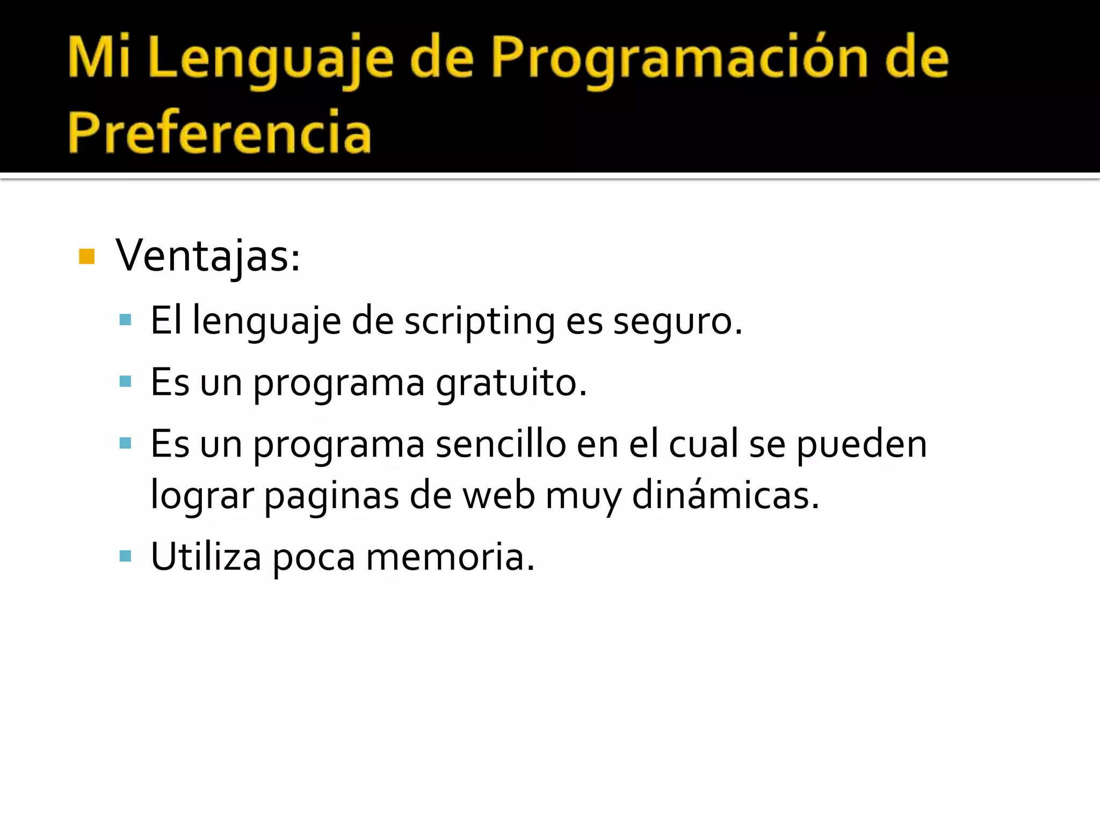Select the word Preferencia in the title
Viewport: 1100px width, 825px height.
click(220, 132)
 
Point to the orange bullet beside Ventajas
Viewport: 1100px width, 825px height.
click(86, 257)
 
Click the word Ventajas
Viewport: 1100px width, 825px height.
click(207, 257)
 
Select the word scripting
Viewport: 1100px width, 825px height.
click(480, 321)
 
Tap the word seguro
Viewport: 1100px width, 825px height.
click(678, 321)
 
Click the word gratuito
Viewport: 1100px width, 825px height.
click(511, 383)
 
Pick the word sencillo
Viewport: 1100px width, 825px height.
click(501, 444)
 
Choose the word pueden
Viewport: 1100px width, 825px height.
click(862, 444)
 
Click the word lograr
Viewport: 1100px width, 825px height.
click(202, 495)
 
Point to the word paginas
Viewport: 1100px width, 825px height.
click(331, 495)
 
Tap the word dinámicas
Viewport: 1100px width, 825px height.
click(725, 495)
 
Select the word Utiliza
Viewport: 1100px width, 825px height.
click(206, 557)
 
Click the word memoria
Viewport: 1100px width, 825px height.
click(450, 557)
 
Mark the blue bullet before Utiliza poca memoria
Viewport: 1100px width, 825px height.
click(126, 556)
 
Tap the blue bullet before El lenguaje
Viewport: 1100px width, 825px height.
click(126, 321)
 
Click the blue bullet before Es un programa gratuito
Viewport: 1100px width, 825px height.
click(126, 382)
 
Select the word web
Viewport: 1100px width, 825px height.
click(498, 495)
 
